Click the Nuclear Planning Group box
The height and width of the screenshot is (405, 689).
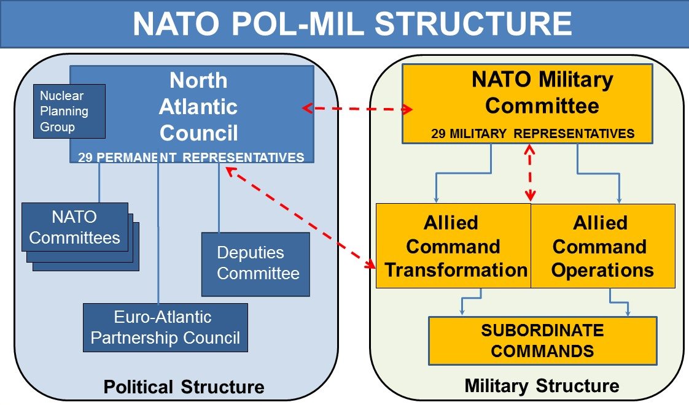click(69, 111)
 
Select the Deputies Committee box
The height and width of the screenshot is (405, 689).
click(255, 264)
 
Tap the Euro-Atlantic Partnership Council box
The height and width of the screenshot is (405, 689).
click(165, 328)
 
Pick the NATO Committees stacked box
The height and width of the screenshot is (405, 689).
click(80, 237)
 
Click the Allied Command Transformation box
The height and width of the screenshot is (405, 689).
click(453, 246)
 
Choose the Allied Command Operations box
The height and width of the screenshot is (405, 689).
click(603, 246)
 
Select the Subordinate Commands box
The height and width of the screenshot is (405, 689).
click(543, 341)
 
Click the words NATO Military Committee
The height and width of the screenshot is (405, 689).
click(542, 92)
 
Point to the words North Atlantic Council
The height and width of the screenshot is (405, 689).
click(198, 107)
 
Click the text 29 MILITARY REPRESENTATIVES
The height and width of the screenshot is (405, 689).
click(532, 134)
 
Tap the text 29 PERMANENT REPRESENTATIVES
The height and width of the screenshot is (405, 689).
click(191, 157)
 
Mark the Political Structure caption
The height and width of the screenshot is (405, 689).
click(184, 387)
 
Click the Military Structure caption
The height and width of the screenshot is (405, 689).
click(542, 386)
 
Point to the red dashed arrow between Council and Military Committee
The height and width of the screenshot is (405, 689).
click(357, 109)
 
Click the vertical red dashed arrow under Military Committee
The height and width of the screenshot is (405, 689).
click(530, 172)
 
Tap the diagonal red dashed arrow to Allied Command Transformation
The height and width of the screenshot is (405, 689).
click(300, 218)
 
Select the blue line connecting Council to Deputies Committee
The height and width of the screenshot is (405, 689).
click(219, 198)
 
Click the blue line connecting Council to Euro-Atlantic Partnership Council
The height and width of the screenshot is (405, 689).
click(158, 233)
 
